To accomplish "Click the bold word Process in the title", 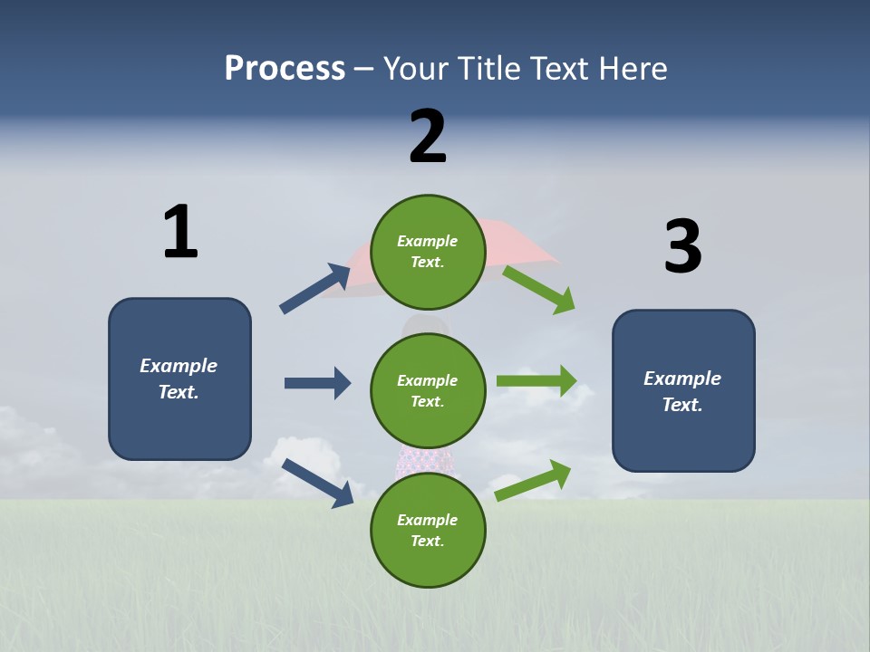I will pos(285,68).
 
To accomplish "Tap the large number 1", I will pos(180,232).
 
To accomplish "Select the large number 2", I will pos(428,136).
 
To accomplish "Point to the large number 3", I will pos(682,246).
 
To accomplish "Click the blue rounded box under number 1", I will pos(179,379).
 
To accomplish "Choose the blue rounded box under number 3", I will pos(683,390).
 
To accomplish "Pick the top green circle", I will pos(428,252).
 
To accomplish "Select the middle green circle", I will pos(428,390).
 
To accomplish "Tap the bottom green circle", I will pos(428,530).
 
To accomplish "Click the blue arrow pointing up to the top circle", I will pos(314,289).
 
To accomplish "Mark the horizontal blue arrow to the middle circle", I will pos(317,383).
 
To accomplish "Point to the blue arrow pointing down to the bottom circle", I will pos(317,482).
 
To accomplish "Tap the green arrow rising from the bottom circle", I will pos(533,480).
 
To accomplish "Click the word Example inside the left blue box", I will pos(179,366).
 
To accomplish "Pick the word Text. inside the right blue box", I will pos(682,405).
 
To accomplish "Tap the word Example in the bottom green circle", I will pos(428,520).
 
